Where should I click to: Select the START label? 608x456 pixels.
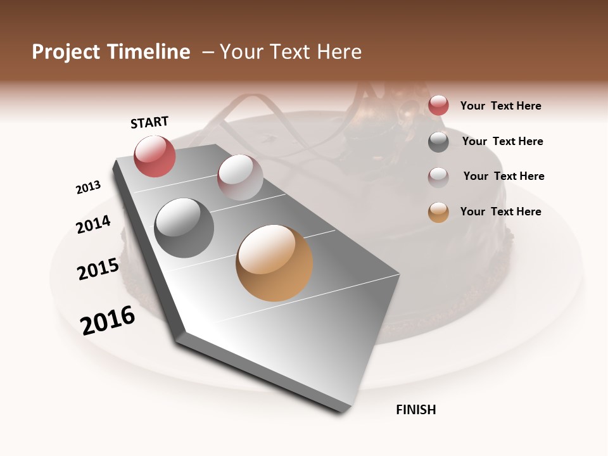[x=149, y=122]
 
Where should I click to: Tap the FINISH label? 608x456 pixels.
[x=415, y=410]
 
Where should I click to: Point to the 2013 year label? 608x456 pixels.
[x=88, y=187]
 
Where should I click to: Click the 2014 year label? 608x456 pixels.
[x=93, y=224]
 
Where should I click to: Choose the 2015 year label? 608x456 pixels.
[x=98, y=269]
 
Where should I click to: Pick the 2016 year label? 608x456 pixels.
[x=108, y=320]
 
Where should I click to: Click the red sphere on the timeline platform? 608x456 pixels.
[x=155, y=156]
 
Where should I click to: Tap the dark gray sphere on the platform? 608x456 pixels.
[x=184, y=228]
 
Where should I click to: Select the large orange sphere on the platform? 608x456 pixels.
[x=274, y=263]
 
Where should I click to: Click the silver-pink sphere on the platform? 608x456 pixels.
[x=240, y=177]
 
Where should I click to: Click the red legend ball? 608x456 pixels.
[x=438, y=106]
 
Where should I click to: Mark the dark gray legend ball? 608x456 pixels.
[x=438, y=142]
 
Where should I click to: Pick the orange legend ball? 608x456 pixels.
[x=438, y=212]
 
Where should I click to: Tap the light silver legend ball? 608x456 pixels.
[x=438, y=177]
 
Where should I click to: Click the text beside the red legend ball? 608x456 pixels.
[x=500, y=106]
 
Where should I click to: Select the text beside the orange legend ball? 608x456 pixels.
[x=500, y=212]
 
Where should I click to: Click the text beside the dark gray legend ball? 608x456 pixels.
[x=502, y=141]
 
